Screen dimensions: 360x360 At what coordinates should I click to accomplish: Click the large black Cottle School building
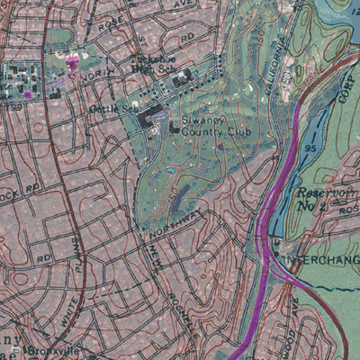point(150,113)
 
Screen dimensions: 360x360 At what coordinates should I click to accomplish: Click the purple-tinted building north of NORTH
point(73,62)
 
